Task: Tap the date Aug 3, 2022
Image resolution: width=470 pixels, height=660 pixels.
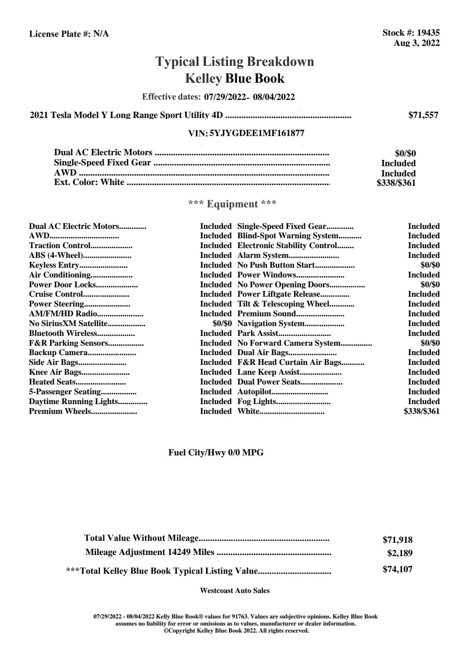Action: pyautogui.click(x=416, y=43)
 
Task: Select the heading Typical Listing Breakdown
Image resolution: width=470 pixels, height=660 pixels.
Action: pyautogui.click(x=235, y=62)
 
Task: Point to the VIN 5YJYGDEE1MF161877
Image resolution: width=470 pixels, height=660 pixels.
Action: pyautogui.click(x=257, y=133)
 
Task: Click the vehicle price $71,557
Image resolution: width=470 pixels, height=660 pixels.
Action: pyautogui.click(x=423, y=115)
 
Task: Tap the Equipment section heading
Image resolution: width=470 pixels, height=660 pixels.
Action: pyautogui.click(x=232, y=204)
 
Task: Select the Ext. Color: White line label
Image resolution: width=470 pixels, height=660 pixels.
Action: pyautogui.click(x=89, y=182)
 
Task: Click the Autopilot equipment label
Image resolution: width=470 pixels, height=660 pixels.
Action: pyautogui.click(x=254, y=392)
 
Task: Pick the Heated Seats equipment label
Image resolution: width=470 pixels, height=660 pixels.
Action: pyautogui.click(x=52, y=382)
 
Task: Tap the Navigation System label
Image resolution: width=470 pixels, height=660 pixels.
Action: pyautogui.click(x=271, y=323)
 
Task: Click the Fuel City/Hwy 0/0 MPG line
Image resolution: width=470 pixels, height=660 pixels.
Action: pyautogui.click(x=216, y=453)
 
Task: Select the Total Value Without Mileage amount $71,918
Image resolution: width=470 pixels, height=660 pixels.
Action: pyautogui.click(x=397, y=540)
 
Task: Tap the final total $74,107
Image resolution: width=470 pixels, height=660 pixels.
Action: pyautogui.click(x=397, y=569)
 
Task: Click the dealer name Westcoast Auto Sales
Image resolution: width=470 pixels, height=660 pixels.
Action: pyautogui.click(x=235, y=591)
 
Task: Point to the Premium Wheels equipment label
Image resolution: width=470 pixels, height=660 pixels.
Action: pyautogui.click(x=60, y=411)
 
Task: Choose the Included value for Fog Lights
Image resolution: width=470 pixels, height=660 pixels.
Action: pyautogui.click(x=423, y=401)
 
